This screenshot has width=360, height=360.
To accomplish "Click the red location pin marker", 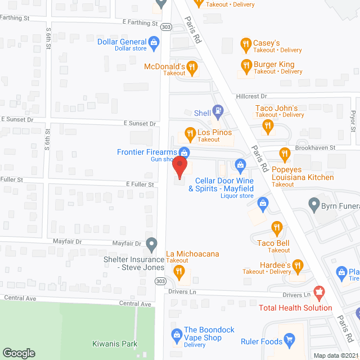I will pos(179,167).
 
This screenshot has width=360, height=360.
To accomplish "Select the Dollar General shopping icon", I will pos(154,42).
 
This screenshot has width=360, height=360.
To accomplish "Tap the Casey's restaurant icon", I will pos(245,44).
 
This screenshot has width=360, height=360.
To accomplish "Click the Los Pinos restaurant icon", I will pos(190,134).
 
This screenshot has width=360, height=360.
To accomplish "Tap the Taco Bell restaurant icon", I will pos(276,228).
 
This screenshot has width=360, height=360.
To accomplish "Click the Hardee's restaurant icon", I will pos(298,265).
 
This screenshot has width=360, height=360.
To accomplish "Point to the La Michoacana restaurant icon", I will pos(179,272).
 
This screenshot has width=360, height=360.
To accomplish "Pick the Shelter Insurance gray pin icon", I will pos(151,244).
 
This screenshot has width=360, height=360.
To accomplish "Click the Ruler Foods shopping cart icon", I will pos(290,339).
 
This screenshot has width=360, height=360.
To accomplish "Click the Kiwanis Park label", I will pos(115,343).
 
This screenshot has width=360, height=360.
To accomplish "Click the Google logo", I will pos(19,353).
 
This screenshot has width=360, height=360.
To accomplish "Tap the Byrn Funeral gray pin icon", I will pos(314,203).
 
